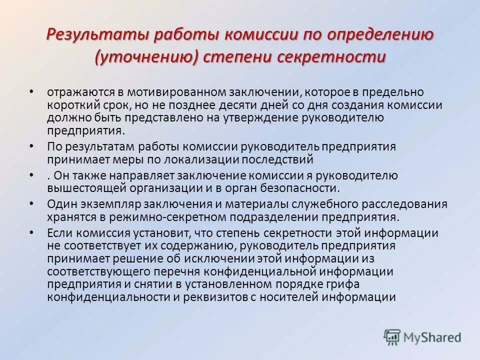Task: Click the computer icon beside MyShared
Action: (392, 336)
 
